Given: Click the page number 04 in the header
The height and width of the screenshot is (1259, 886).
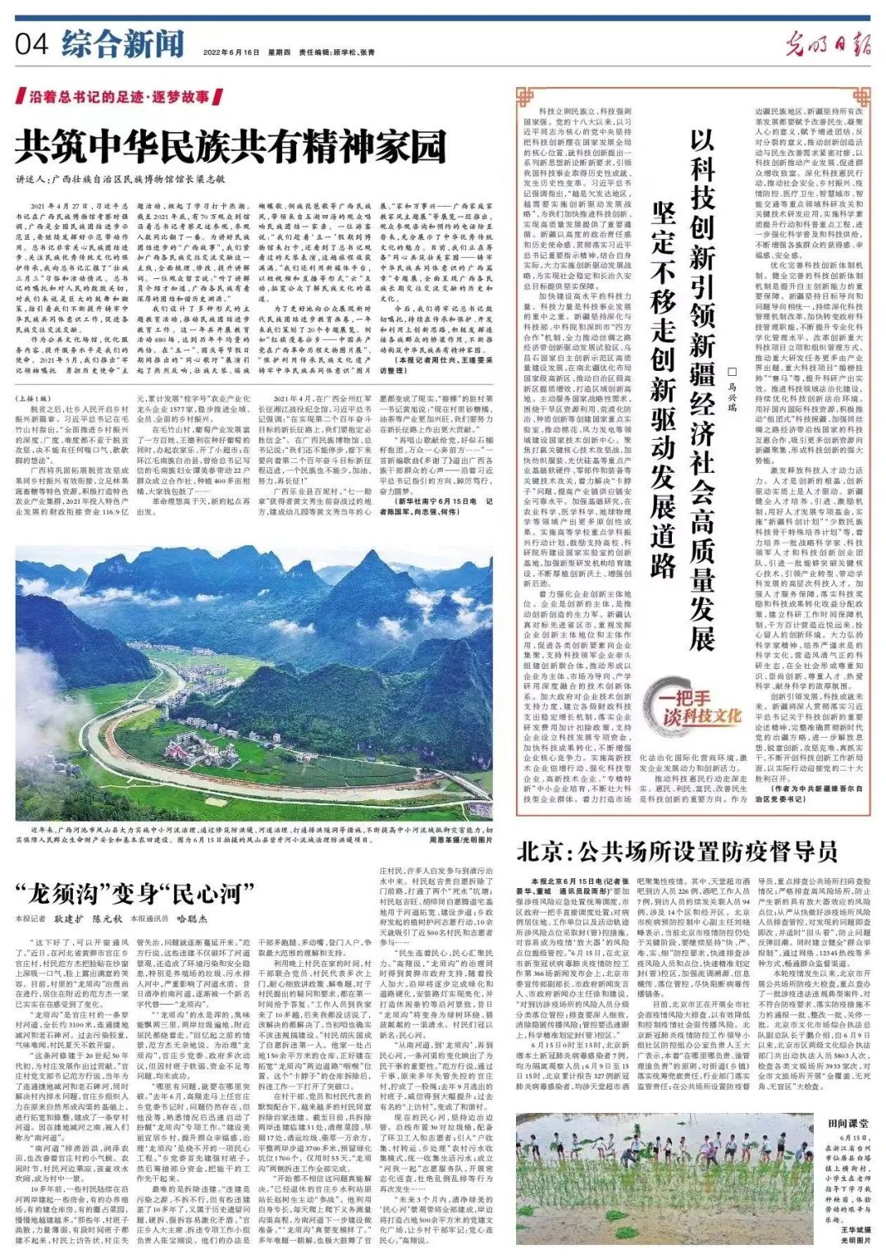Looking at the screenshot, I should click(x=32, y=44).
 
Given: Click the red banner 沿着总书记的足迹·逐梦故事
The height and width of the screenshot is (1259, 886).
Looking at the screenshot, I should click(x=121, y=97).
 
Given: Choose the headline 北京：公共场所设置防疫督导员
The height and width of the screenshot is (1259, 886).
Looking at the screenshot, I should click(x=677, y=851).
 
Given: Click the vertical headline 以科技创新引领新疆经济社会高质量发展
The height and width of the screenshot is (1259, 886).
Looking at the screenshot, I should click(x=701, y=386).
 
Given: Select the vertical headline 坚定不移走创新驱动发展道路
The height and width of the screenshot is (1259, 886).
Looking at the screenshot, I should click(x=663, y=386).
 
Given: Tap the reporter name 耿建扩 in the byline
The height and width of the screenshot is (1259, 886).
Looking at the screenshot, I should click(x=70, y=919).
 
